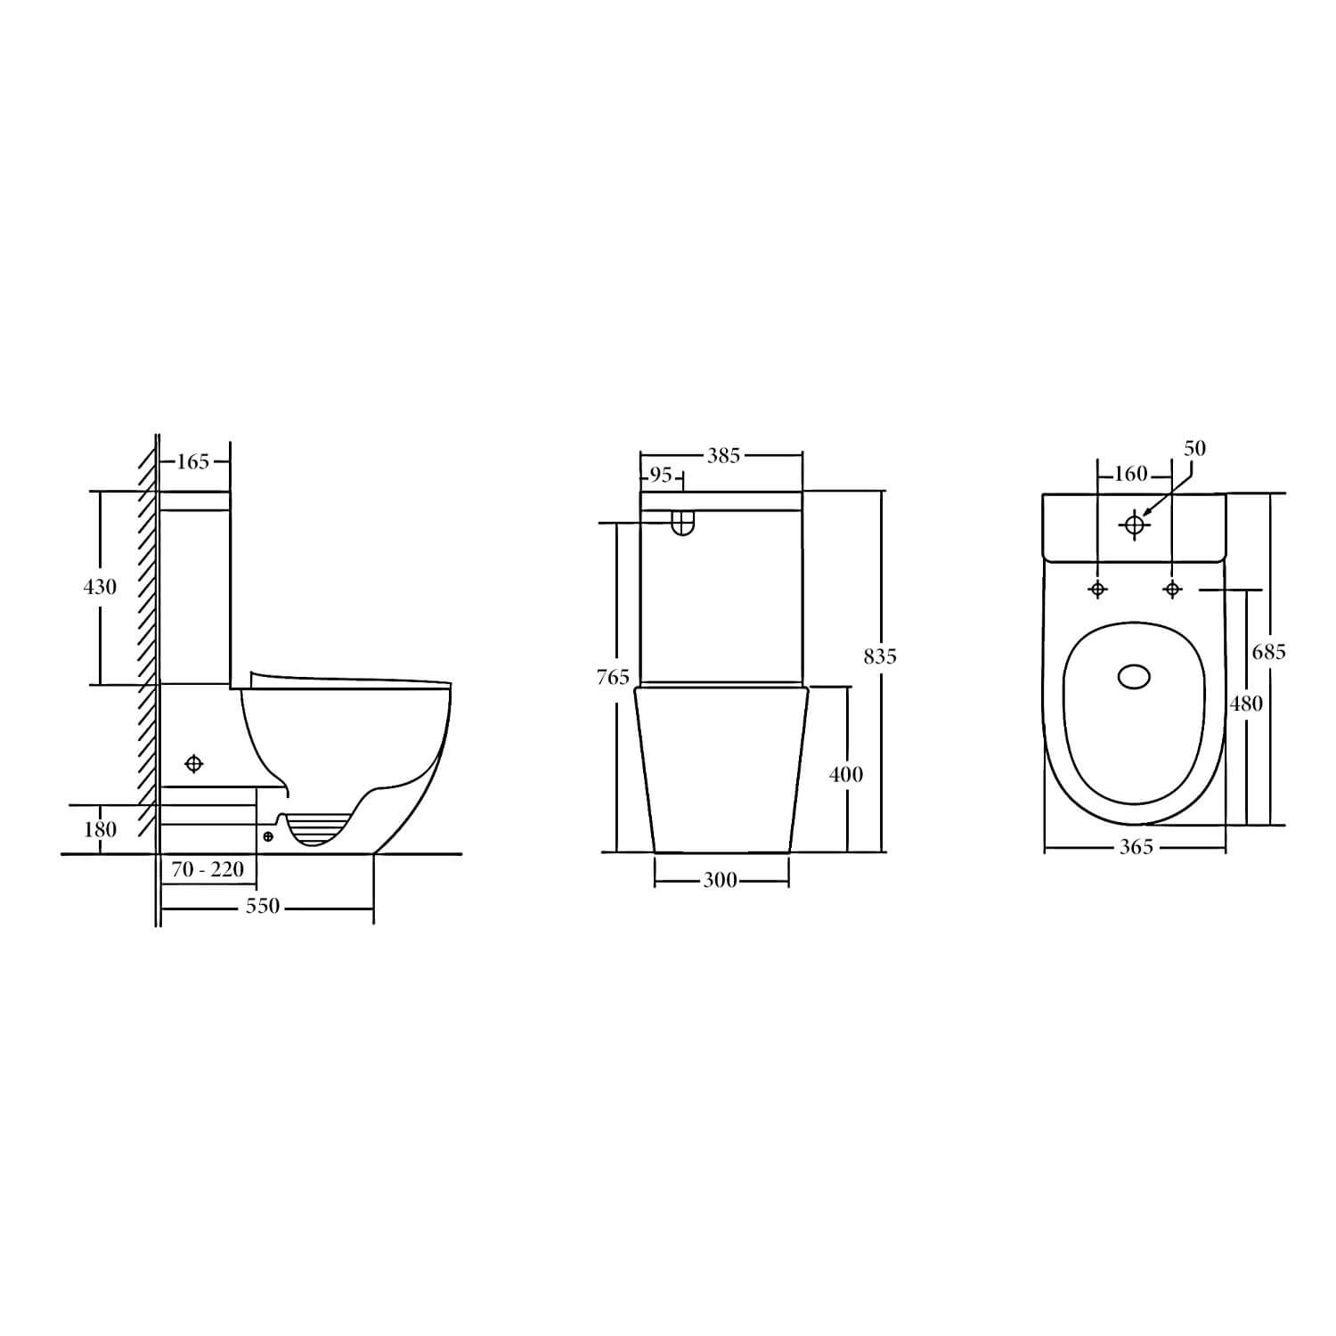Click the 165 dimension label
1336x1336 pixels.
[193, 461]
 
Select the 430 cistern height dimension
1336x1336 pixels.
[100, 587]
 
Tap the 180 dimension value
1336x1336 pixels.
[100, 829]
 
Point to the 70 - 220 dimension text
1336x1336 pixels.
[208, 868]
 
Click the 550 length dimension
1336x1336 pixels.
[263, 907]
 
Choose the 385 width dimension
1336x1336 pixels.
[723, 456]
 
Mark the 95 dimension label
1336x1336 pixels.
[661, 476]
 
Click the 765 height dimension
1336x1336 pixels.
[613, 678]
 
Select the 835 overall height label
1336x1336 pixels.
[880, 656]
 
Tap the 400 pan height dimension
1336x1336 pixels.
[846, 775]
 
